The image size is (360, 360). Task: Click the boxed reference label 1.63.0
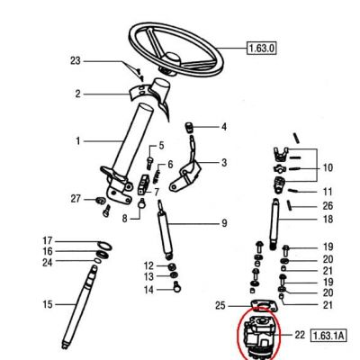point(261,48)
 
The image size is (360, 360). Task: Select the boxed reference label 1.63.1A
point(328,335)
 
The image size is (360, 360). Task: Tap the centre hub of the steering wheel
point(172,58)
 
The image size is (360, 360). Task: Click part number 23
point(76,61)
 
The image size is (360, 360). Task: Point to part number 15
point(48,304)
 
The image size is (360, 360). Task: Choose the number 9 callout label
point(224,223)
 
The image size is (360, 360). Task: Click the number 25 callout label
point(220,306)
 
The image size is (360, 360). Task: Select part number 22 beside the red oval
point(300,335)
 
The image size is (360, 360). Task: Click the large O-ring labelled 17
point(104,245)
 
